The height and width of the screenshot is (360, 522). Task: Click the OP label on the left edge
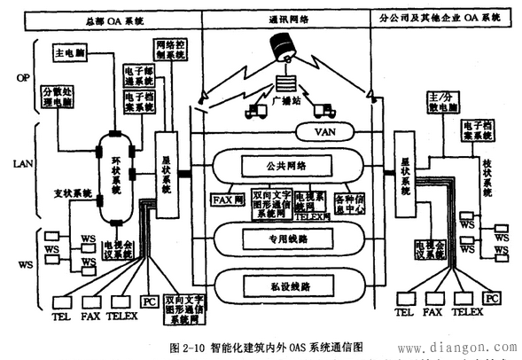[x=23, y=78]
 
